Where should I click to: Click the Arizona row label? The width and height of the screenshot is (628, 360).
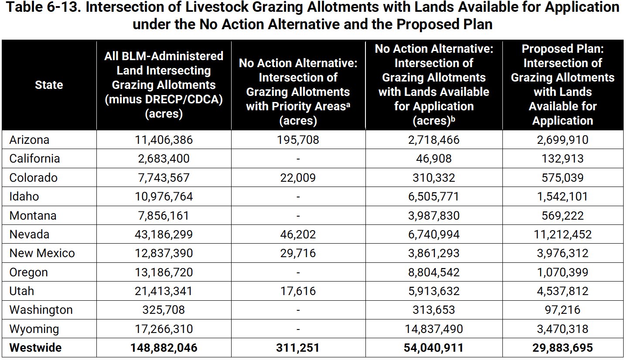click(x=29, y=140)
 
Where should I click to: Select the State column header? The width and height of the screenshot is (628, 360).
click(x=49, y=85)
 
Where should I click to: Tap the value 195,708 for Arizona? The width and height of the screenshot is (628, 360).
click(x=298, y=140)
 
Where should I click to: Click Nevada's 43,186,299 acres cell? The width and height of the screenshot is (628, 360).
click(x=164, y=234)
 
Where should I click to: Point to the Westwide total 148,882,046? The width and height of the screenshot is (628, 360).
click(x=164, y=348)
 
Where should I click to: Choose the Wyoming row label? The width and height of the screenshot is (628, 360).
click(x=34, y=329)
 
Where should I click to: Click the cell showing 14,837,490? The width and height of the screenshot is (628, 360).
click(x=433, y=329)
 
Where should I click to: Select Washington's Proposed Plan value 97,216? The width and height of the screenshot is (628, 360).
click(x=562, y=310)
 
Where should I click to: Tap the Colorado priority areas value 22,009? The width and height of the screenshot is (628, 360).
click(x=298, y=178)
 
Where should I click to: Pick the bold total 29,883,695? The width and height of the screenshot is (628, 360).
click(x=562, y=348)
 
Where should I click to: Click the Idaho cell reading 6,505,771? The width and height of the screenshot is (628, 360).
click(x=433, y=197)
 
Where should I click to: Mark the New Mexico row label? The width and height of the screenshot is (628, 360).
click(x=42, y=253)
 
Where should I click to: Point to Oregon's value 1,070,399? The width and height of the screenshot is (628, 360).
click(x=562, y=272)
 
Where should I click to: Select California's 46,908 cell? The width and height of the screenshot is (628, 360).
click(x=433, y=159)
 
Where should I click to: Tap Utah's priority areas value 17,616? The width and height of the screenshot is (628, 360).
click(x=298, y=291)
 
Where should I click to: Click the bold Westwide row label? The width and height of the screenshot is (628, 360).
click(x=35, y=348)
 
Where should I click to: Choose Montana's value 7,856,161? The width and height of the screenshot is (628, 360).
click(x=164, y=216)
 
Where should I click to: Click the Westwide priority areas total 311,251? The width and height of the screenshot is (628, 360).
click(x=298, y=348)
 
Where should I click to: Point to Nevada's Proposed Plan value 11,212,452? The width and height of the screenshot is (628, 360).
click(x=562, y=234)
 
